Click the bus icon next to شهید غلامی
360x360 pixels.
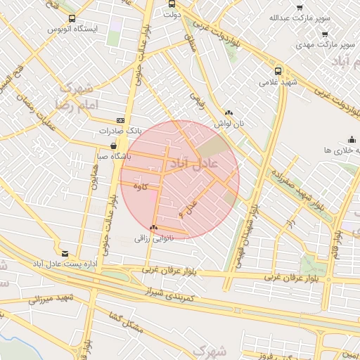[x=278, y=71]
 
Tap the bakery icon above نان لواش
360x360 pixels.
[x=229, y=112]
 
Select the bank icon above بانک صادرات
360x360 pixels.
[x=120, y=120]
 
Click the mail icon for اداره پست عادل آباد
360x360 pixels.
[x=65, y=253]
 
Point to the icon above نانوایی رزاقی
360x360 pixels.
[x=153, y=227]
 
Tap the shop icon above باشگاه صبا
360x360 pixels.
[x=114, y=146]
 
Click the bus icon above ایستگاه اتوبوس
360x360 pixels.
[x=73, y=19]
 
